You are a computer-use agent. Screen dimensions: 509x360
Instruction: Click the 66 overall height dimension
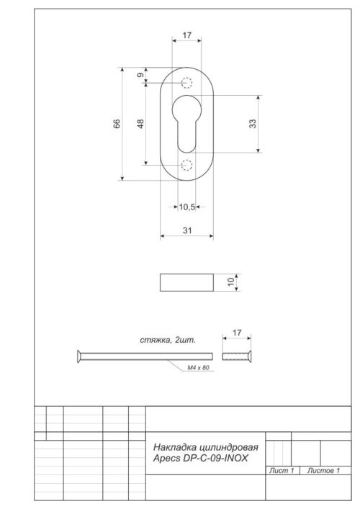[117, 124]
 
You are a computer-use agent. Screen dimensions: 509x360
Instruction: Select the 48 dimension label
[140, 124]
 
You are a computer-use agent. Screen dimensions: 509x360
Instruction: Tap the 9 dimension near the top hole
[140, 75]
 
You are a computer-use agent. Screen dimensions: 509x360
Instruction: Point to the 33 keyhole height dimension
[253, 124]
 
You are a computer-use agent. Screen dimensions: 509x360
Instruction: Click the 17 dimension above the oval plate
[186, 35]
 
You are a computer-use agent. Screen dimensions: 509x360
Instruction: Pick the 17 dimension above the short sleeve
[237, 333]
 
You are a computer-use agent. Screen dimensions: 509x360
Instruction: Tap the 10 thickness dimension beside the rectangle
[232, 282]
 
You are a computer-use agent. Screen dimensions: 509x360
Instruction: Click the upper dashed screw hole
[186, 82]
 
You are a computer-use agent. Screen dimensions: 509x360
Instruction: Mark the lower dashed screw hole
[186, 165]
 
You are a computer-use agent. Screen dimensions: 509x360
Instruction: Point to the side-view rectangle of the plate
[186, 282]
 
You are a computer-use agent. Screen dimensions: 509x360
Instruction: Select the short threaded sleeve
[236, 355]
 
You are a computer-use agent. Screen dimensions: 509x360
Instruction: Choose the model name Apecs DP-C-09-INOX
[198, 458]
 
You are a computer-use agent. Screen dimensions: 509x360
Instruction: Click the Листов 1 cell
[324, 470]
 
